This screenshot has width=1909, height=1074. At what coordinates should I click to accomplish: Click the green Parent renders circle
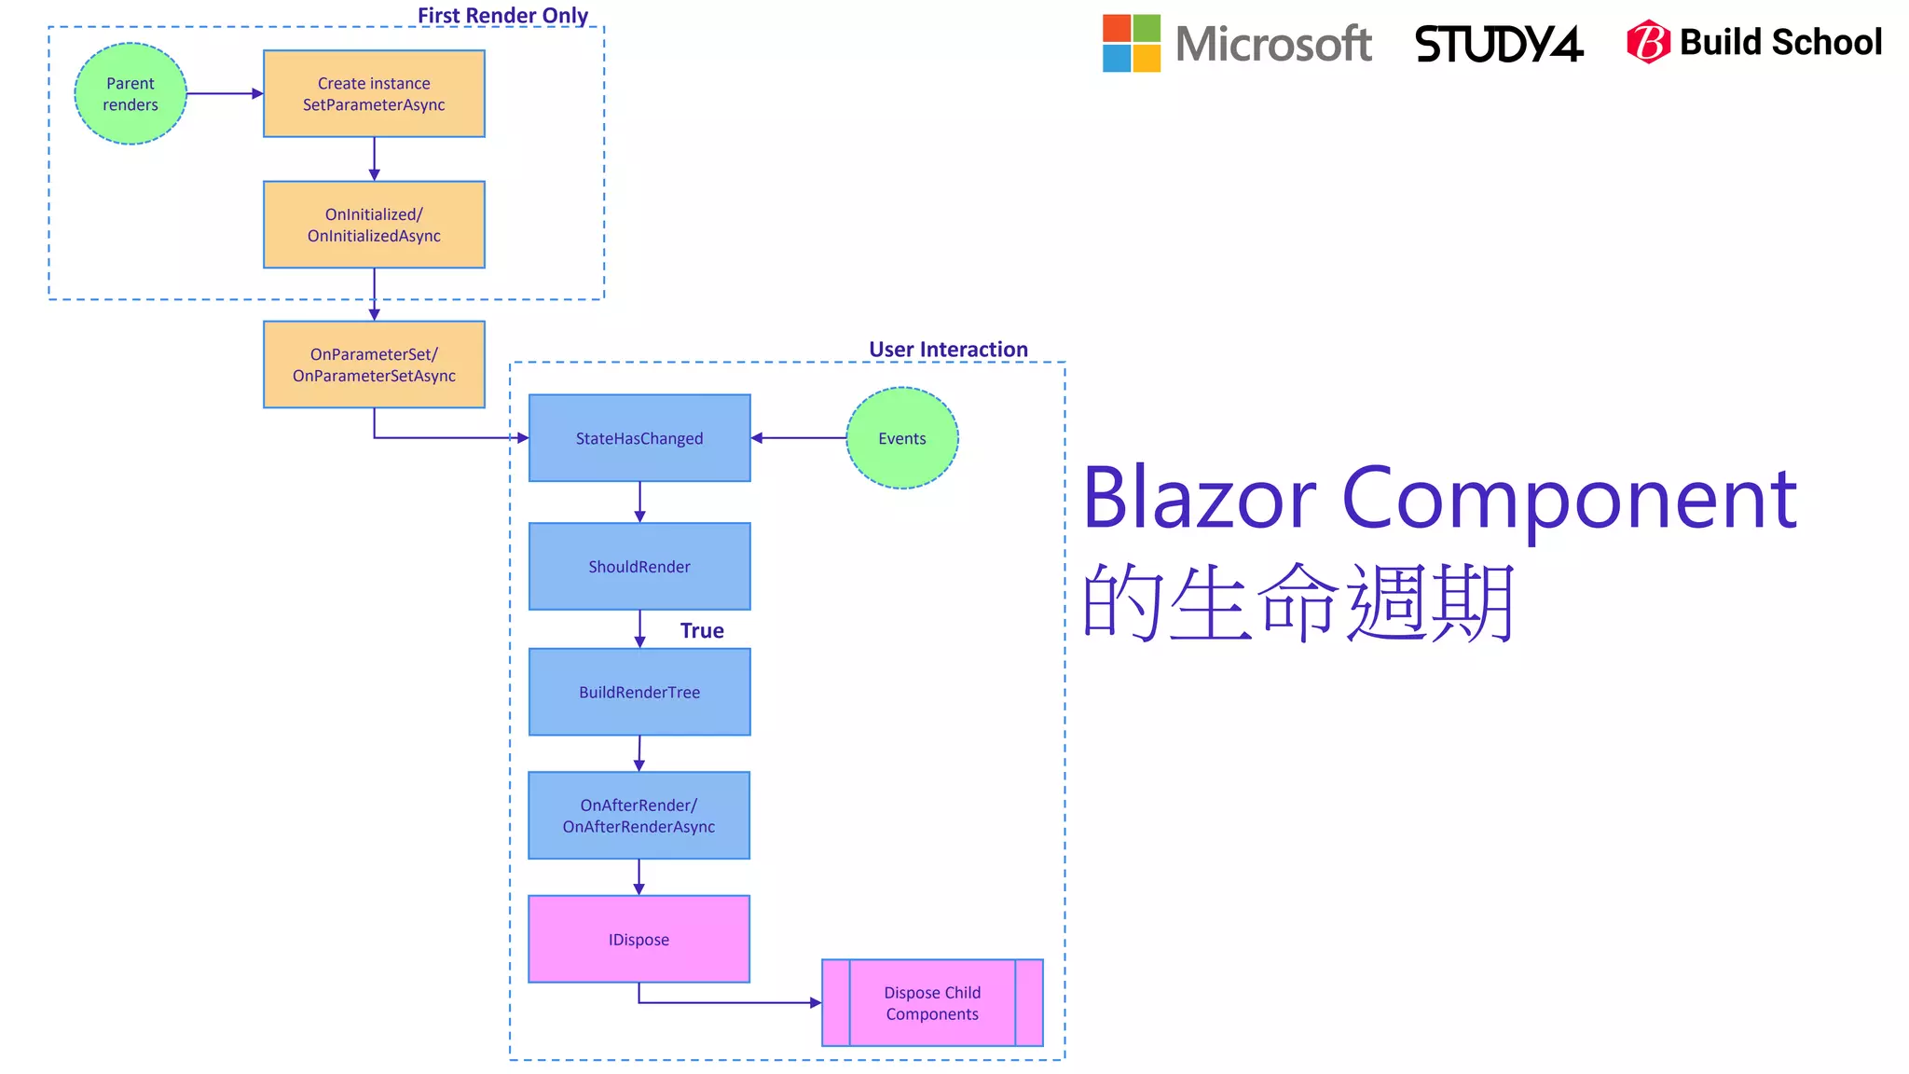(130, 94)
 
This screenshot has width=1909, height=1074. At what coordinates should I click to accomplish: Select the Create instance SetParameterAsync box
(374, 94)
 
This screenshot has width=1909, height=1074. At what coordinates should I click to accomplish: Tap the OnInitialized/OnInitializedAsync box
(374, 225)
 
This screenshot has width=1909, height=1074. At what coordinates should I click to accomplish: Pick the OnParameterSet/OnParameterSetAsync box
(374, 365)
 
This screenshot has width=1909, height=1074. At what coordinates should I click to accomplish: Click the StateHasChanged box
(639, 438)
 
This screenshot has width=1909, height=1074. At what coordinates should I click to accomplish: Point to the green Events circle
(901, 438)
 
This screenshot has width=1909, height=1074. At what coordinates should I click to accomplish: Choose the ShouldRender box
(639, 567)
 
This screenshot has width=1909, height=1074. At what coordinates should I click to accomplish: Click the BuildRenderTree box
(639, 692)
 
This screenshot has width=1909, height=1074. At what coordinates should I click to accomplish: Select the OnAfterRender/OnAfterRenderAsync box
(639, 816)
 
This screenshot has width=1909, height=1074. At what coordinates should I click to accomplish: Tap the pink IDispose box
(639, 939)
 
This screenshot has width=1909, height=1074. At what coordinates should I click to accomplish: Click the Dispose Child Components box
(932, 1003)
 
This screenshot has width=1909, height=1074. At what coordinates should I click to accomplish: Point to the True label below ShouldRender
(702, 631)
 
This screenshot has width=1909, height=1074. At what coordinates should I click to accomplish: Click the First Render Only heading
(502, 16)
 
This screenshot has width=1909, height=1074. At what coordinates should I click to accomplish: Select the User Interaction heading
(948, 350)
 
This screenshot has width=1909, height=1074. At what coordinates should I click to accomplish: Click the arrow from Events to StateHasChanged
(799, 438)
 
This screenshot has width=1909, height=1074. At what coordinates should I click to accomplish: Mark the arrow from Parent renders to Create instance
(225, 94)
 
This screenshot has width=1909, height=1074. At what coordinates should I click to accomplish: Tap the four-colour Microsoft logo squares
(1131, 43)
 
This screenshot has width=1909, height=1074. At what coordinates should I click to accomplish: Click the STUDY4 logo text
(1499, 44)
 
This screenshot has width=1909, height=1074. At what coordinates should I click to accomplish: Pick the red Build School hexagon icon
(1648, 42)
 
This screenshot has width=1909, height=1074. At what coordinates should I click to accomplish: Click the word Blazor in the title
(1199, 500)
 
